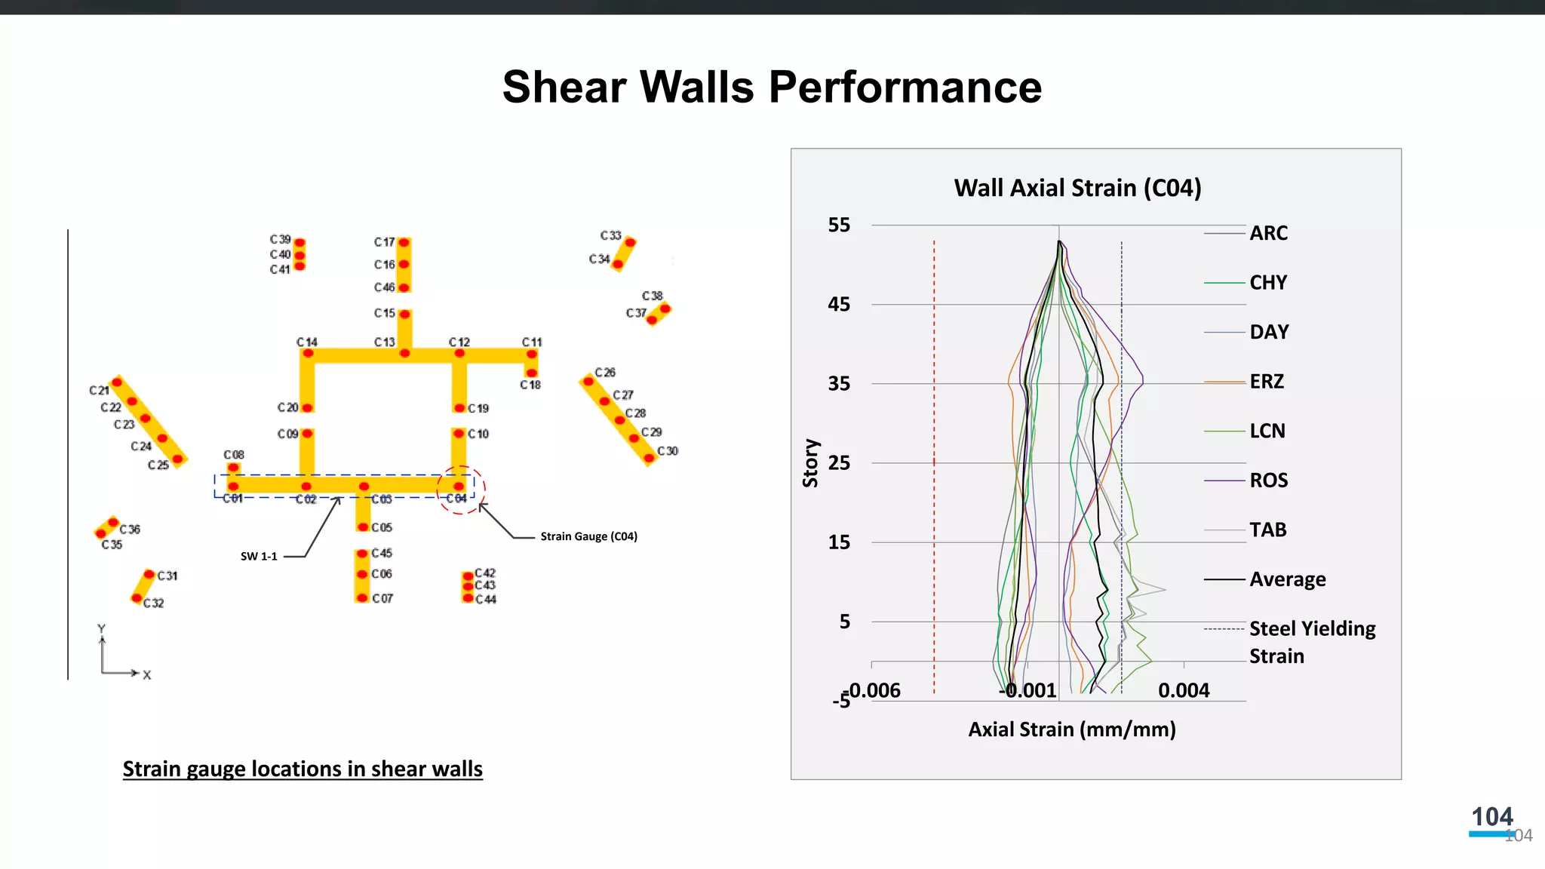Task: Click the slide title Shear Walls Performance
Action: click(772, 87)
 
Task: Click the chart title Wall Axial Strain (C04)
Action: click(1077, 188)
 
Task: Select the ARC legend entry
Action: click(1268, 233)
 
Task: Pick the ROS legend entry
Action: click(1268, 481)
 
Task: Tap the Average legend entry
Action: click(1287, 579)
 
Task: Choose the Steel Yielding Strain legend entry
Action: click(1312, 642)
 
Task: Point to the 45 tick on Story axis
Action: click(839, 305)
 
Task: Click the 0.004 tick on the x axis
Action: click(1184, 690)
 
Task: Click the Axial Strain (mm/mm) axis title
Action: click(1071, 729)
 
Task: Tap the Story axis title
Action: click(810, 463)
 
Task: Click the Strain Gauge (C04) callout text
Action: click(588, 536)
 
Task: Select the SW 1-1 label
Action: click(259, 557)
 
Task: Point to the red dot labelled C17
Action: click(404, 243)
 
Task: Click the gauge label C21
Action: click(99, 390)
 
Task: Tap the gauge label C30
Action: click(668, 451)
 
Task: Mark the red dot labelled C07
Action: click(362, 597)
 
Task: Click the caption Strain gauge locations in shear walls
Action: click(303, 769)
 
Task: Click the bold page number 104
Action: click(1491, 817)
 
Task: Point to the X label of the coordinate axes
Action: click(147, 675)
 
